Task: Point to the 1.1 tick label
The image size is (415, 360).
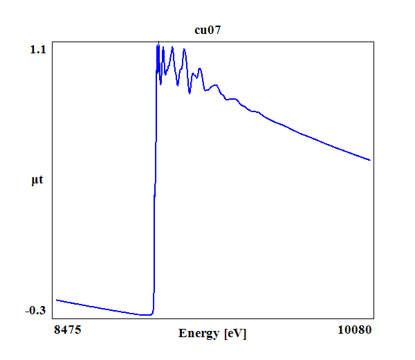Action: [x=38, y=49]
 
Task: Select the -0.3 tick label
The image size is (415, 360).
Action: [x=35, y=310]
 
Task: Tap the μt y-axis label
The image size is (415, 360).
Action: [x=37, y=181]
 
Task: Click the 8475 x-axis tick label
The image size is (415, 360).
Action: [x=67, y=330]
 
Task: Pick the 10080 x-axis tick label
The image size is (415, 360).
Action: [x=355, y=330]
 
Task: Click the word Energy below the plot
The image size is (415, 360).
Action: [x=199, y=334]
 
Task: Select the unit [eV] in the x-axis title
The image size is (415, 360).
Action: [x=234, y=334]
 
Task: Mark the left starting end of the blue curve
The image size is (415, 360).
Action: [x=56, y=300]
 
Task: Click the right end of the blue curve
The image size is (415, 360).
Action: [x=371, y=160]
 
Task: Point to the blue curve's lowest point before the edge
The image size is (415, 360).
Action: [x=147, y=315]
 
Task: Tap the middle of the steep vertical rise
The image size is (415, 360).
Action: [x=154, y=180]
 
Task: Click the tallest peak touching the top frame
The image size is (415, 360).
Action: [x=158, y=44]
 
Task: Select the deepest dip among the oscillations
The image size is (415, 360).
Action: [x=190, y=93]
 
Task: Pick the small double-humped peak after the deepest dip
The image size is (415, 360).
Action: [x=199, y=69]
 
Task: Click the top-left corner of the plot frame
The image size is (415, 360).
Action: [x=54, y=42]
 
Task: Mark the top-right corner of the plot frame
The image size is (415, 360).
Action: [x=374, y=42]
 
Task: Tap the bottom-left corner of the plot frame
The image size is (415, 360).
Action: [x=54, y=319]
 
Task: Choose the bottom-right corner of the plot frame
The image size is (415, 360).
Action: [x=374, y=319]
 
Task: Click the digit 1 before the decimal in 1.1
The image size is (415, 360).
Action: [x=33, y=49]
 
